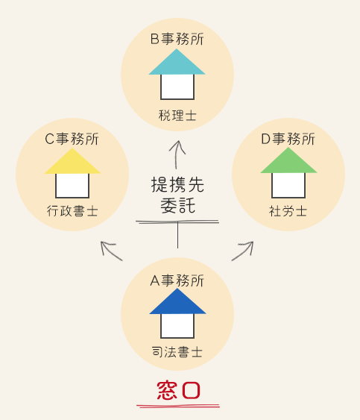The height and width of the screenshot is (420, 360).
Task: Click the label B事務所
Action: click(177, 39)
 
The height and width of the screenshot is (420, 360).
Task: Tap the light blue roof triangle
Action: click(177, 63)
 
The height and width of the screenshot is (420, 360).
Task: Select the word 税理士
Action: click(177, 116)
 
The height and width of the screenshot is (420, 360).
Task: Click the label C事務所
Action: click(72, 139)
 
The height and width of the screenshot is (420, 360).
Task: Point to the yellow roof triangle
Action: click(72, 163)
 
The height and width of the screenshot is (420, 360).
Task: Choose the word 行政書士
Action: click(72, 211)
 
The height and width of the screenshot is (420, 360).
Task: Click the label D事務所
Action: click(288, 139)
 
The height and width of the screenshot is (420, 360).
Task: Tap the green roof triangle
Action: click(288, 163)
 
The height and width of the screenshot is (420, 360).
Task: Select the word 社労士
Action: click(288, 211)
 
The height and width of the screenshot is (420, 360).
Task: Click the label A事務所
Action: click(177, 280)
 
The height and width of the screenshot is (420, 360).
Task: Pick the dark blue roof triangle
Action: click(177, 303)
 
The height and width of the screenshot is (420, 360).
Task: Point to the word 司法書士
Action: click(177, 351)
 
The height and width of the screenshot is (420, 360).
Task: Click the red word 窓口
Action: click(178, 390)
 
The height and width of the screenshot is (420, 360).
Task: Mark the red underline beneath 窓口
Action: click(178, 406)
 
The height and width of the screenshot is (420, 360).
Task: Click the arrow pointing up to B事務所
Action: click(177, 154)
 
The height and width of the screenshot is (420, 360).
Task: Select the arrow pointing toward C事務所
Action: click(111, 251)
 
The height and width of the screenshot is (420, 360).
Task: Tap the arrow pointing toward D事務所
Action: click(242, 251)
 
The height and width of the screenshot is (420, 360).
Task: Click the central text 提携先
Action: click(177, 184)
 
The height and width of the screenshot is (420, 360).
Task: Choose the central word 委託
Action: click(177, 206)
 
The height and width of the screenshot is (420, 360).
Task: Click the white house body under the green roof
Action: click(288, 185)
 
